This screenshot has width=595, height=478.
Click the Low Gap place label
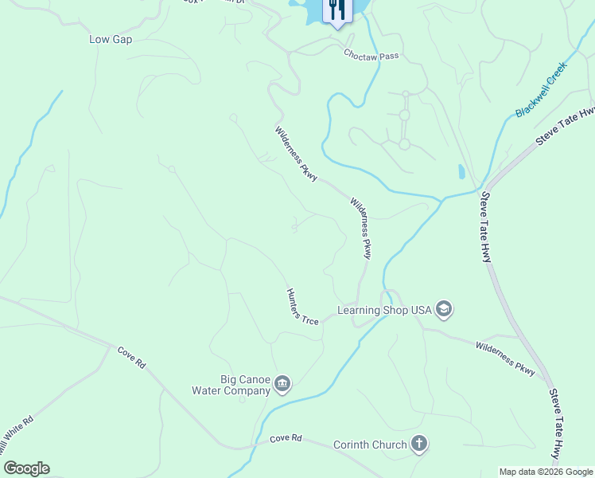pos(111,39)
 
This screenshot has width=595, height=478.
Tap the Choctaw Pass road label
pos(371,56)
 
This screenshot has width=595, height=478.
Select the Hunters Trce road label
pos(302,307)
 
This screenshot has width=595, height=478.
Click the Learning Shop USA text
pos(384,310)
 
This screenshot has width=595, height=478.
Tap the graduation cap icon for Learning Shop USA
pos(444,310)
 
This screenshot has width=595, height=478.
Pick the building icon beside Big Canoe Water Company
pos(282,386)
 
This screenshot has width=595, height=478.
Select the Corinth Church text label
pos(370,445)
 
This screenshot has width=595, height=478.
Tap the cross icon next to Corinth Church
pos(419,445)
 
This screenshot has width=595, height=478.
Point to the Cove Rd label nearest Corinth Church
pos(286,439)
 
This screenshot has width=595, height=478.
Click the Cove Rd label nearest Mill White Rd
pos(131,357)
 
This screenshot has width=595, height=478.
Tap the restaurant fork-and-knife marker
pos(336,10)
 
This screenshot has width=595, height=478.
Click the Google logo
pos(26,468)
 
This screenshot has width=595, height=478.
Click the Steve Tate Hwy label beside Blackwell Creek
pos(565,127)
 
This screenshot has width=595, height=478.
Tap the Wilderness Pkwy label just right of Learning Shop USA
pos(505,358)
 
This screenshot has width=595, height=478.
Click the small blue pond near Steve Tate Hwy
pos(461,171)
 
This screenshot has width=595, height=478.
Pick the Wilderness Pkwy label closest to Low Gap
pos(297,153)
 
